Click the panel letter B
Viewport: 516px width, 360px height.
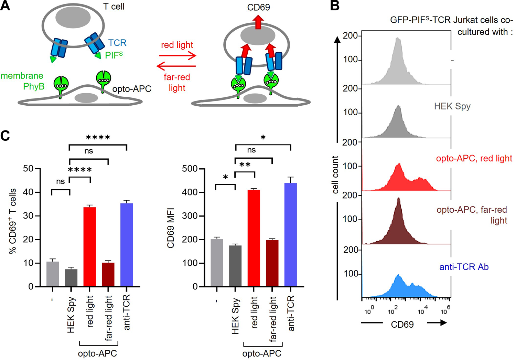335,6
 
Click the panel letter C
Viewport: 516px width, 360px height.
5,136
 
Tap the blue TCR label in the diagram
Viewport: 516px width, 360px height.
117,43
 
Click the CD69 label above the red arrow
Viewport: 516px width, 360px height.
258,7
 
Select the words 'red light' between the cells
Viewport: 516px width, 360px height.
177,45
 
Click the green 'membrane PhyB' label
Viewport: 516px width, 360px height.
22,81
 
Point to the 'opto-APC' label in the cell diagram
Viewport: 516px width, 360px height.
132,88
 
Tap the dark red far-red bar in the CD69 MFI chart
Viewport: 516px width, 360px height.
272,263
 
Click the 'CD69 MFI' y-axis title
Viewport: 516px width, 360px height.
171,227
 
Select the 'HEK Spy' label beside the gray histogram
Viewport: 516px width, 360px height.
452,106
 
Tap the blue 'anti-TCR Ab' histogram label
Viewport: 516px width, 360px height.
464,267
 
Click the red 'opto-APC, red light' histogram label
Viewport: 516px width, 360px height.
474,158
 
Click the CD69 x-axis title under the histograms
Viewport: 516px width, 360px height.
402,324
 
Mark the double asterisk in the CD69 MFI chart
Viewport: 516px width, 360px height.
245,165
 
